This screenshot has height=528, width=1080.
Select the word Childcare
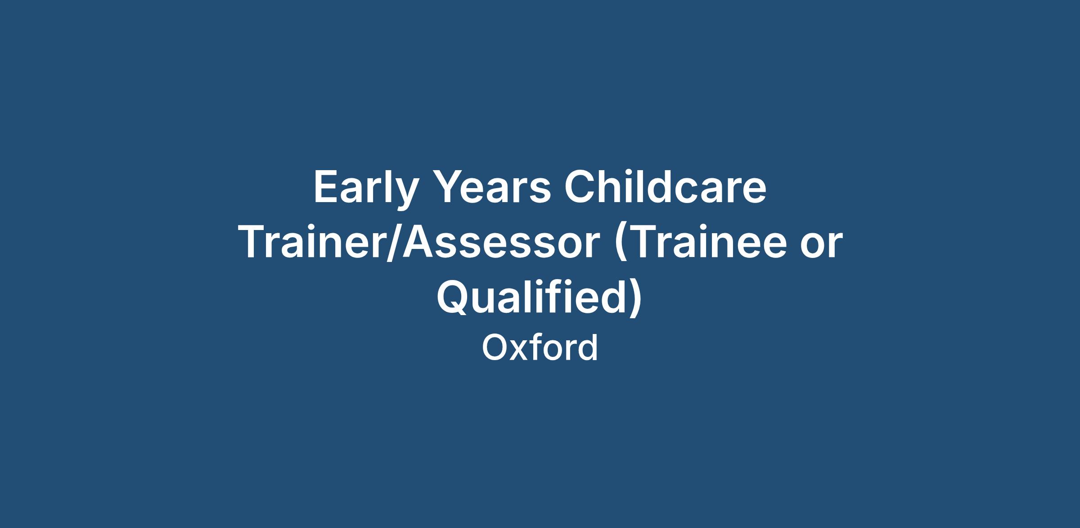point(665,186)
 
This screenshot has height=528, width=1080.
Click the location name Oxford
point(540,347)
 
